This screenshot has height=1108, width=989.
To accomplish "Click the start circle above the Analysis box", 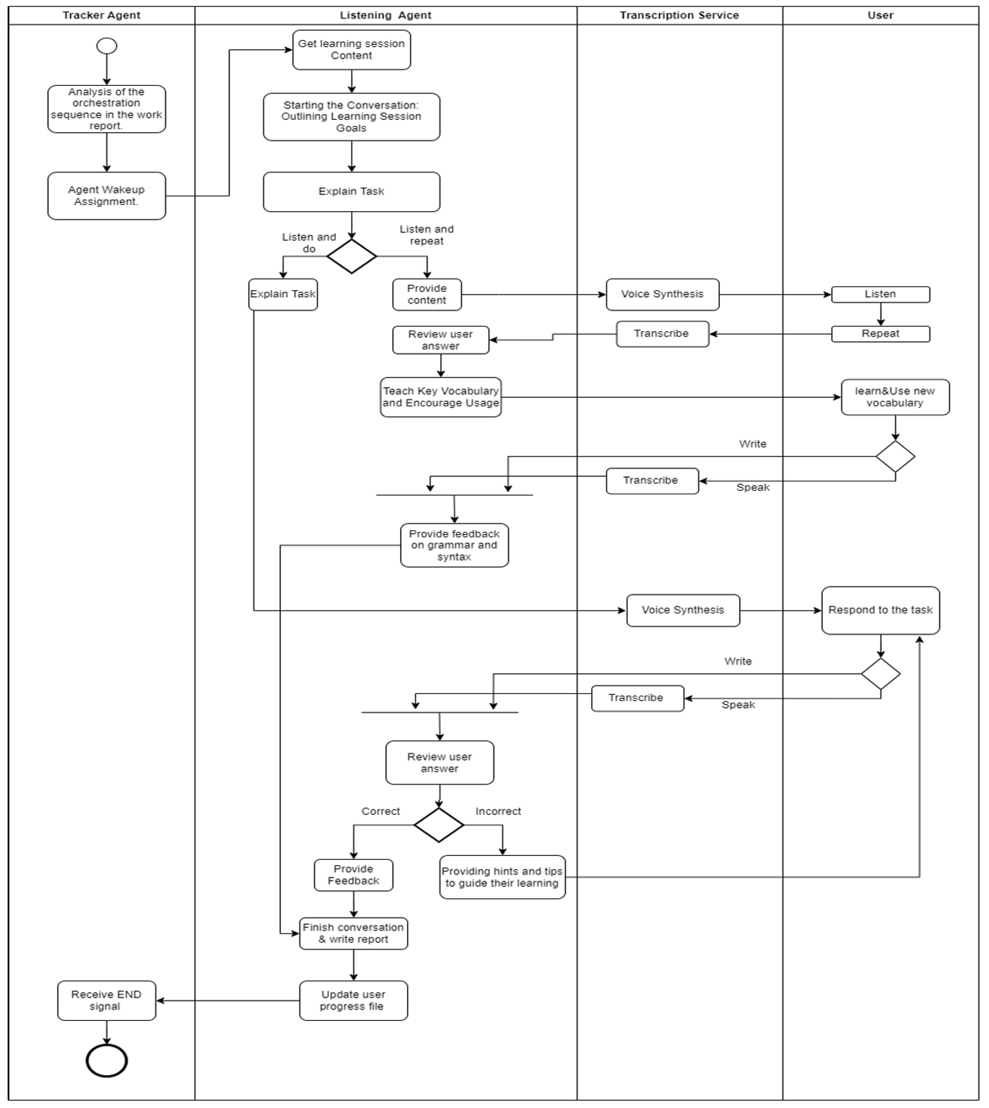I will tap(107, 46).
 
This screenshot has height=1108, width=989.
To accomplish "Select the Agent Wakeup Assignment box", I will tap(107, 196).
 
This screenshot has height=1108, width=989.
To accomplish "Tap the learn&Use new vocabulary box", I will tap(895, 397).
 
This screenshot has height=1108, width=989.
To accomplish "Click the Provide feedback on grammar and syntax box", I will tap(454, 545).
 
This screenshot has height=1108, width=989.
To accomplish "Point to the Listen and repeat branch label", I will tap(427, 235).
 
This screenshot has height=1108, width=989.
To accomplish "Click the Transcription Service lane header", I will tap(679, 15).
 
